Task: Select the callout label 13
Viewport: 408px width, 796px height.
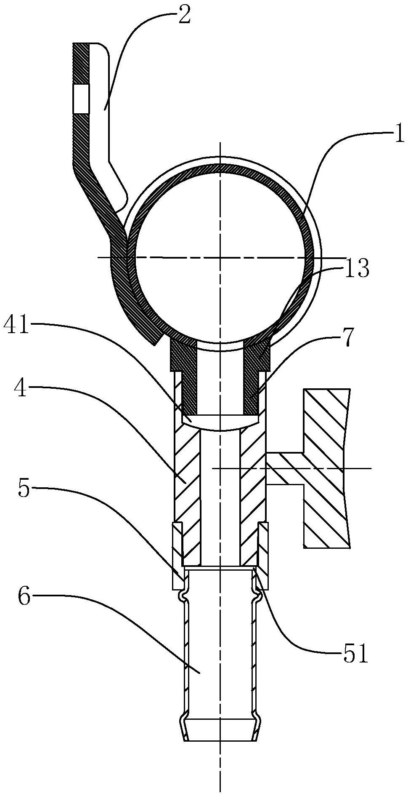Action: tap(357, 269)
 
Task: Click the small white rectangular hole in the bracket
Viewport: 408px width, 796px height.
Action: tap(81, 99)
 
